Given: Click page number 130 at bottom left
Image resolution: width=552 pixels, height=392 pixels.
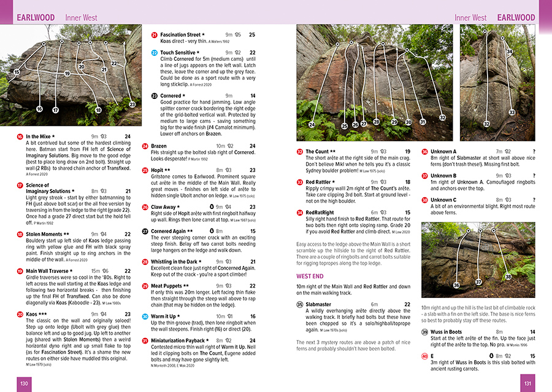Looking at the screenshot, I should coord(24,383).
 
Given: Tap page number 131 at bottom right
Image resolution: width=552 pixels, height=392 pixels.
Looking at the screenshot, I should coord(527,383).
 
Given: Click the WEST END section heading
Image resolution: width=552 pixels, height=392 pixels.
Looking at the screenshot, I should coord(310,276).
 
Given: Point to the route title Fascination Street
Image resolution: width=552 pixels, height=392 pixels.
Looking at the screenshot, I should coord(180,35).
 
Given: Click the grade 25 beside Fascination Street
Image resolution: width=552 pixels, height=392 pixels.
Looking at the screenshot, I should coord(252,35).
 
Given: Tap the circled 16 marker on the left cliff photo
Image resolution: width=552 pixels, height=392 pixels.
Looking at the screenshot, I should coord(39,109).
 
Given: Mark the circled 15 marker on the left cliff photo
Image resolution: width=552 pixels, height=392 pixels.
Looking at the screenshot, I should coord(16,73).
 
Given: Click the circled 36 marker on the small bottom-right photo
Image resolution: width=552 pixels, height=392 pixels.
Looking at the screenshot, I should coord(456,286).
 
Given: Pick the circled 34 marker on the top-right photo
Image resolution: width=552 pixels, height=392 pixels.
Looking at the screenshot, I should coord(509,52).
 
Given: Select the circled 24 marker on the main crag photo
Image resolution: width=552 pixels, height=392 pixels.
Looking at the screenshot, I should coord(312,125).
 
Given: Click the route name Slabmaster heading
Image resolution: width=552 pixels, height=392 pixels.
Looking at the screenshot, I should coord(318,304).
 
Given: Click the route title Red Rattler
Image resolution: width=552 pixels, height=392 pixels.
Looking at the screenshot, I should coord(318,182).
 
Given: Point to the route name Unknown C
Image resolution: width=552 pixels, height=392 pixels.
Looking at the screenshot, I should coord(443,200).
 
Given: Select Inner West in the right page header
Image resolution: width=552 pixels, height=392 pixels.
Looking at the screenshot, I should coord(470,18).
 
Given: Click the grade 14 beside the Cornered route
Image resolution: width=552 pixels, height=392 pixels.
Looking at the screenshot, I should coord(252,96).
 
